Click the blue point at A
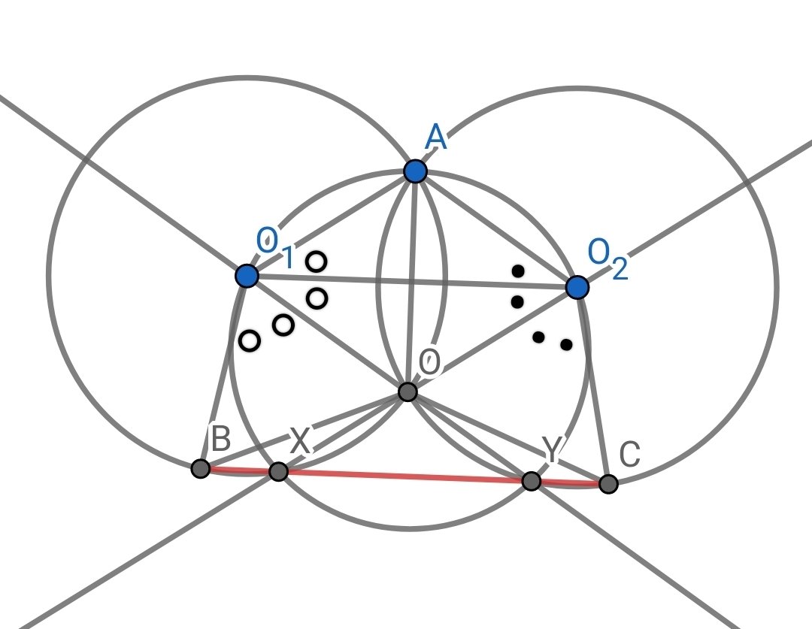coord(415,171)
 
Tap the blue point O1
coord(247,276)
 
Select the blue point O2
coord(577,287)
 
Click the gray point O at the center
coord(407,392)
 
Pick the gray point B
coord(200,469)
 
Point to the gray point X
coord(278,472)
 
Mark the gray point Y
coord(531,481)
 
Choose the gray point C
coord(608,484)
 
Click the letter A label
coord(435,138)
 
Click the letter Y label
coord(552,451)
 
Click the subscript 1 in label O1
coord(287,259)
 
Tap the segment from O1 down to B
coord(223,373)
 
